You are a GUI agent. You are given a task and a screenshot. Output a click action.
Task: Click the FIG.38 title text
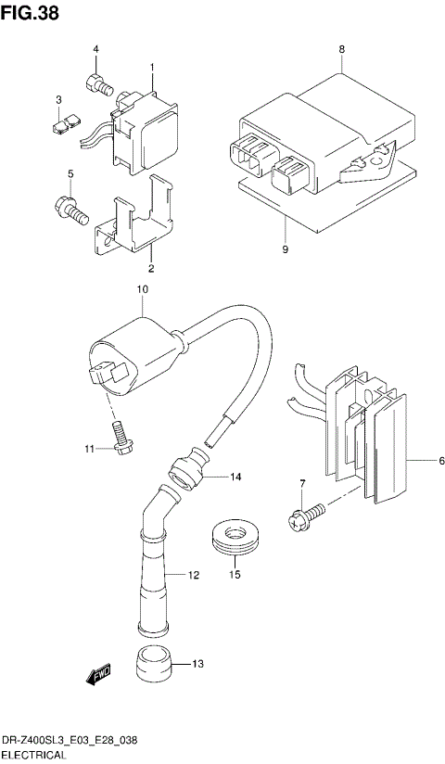coord(31,12)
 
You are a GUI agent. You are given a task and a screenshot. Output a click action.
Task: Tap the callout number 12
coord(194,576)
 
